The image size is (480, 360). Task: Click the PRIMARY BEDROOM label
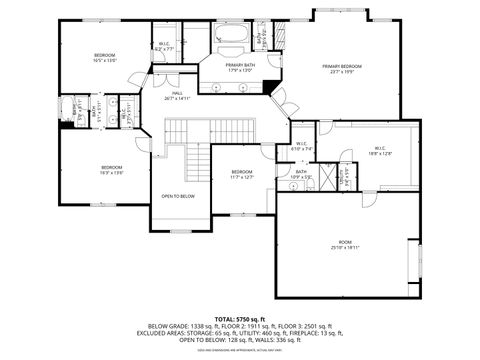342,69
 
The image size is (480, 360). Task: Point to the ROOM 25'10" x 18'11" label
344,244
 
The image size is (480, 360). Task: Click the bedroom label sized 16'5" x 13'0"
105,57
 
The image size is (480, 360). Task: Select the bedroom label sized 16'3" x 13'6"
111,170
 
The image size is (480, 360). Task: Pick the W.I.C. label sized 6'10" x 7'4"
303,146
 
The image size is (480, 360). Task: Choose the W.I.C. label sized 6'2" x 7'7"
165,46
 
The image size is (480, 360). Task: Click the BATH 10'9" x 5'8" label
302,175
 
